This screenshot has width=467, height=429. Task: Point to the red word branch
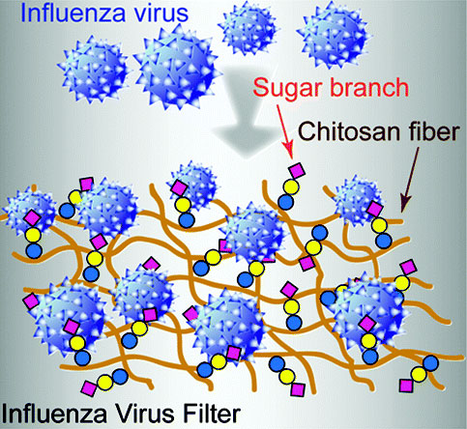pyautogui.click(x=369, y=87)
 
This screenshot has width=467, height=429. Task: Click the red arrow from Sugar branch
pyautogui.click(x=285, y=131)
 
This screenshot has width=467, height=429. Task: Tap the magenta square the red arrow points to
pyautogui.click(x=297, y=171)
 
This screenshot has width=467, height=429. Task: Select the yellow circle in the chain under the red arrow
pyautogui.click(x=291, y=187)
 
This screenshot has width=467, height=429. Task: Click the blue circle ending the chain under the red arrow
pyautogui.click(x=286, y=202)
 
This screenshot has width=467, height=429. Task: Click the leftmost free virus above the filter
pyautogui.click(x=94, y=71)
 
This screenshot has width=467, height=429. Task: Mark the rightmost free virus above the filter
pyautogui.click(x=334, y=33)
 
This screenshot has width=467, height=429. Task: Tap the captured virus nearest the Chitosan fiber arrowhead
pyautogui.click(x=359, y=201)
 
